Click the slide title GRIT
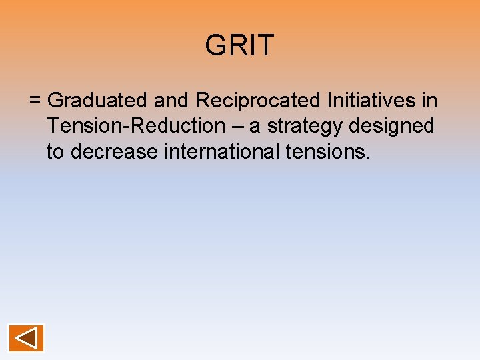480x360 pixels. tap(239, 45)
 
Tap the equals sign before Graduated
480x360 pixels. tap(35, 101)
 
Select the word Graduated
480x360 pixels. tap(97, 101)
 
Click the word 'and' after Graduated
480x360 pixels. tap(171, 101)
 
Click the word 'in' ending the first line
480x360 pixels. tap(429, 101)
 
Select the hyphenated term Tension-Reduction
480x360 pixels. tap(136, 126)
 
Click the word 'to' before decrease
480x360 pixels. tap(55, 152)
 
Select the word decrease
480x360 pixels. tap(114, 152)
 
